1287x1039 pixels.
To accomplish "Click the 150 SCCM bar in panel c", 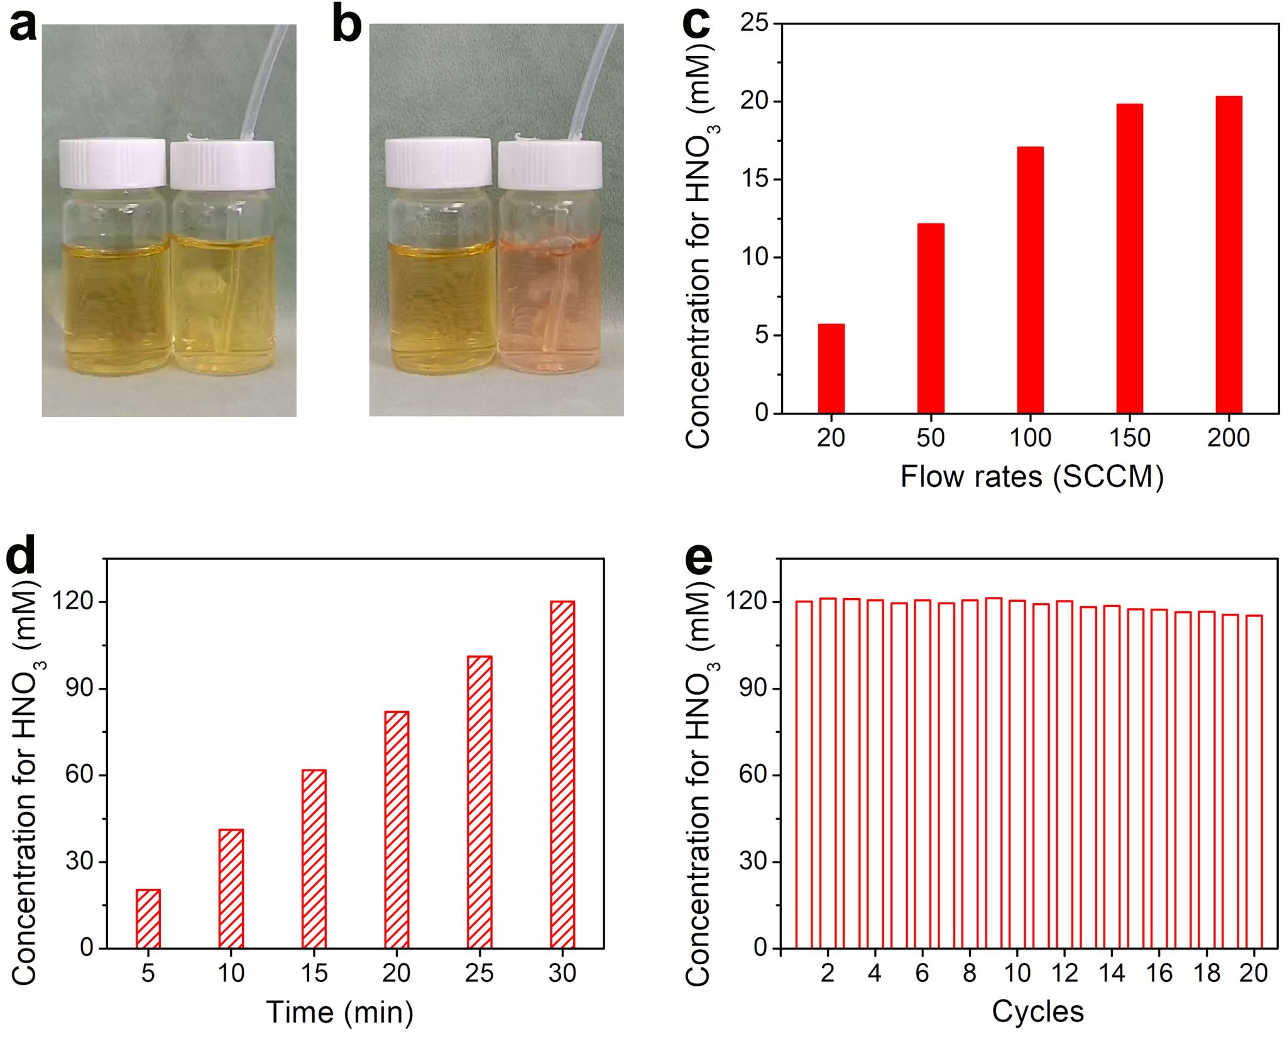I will (1129, 258).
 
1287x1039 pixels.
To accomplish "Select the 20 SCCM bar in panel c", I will (831, 368).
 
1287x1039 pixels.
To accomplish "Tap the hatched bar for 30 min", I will (562, 774).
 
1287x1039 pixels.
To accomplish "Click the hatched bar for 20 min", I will (397, 829).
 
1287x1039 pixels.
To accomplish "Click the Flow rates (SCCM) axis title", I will (1031, 477).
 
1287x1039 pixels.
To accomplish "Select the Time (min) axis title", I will (340, 1012).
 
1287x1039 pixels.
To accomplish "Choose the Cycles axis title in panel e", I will (1038, 1011).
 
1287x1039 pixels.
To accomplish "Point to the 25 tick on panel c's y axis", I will (754, 24).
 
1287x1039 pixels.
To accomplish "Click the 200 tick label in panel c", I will (1229, 438).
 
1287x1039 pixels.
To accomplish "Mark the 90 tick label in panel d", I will (79, 688).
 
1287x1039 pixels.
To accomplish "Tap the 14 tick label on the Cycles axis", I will (1112, 973).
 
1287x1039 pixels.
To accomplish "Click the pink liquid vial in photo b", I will (549, 302).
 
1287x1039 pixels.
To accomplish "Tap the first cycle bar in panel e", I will (804, 774).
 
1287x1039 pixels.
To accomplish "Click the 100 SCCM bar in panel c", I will (1030, 280).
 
